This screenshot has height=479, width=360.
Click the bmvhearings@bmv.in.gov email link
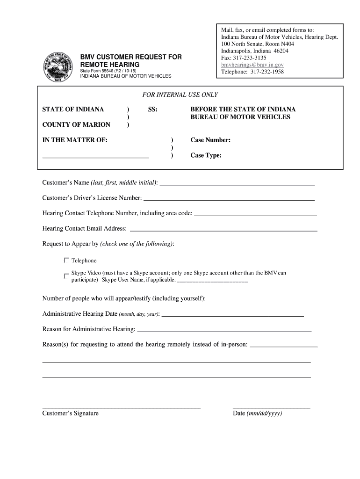(252, 65)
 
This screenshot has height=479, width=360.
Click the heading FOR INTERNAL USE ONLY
(180, 95)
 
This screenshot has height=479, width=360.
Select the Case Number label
(210, 140)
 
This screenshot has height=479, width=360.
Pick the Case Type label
(206, 155)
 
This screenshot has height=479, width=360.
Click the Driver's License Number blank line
(229, 200)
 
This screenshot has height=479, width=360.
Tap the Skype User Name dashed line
(213, 282)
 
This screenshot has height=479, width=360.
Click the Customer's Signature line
(122, 407)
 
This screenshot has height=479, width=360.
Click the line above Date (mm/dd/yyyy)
(271, 407)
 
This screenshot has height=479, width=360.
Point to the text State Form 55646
(108, 70)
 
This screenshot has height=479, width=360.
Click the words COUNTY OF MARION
(76, 124)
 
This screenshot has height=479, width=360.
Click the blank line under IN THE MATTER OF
(95, 158)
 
